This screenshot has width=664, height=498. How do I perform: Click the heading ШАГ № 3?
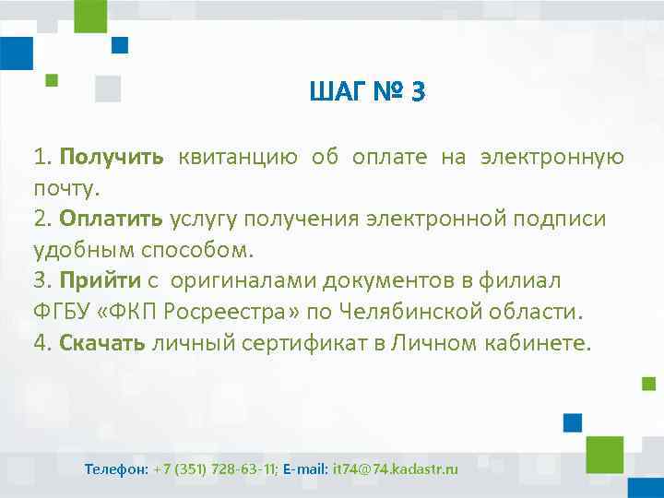point(367,92)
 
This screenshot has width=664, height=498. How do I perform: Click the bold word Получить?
point(113,157)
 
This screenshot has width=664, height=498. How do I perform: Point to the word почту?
point(65,188)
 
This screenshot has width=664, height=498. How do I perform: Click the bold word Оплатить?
point(111,219)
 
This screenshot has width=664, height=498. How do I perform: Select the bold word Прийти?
point(100,281)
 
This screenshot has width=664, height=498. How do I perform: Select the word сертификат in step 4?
point(289,343)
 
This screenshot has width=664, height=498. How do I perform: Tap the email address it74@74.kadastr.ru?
point(395,469)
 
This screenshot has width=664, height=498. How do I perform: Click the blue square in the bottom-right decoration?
point(572,422)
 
